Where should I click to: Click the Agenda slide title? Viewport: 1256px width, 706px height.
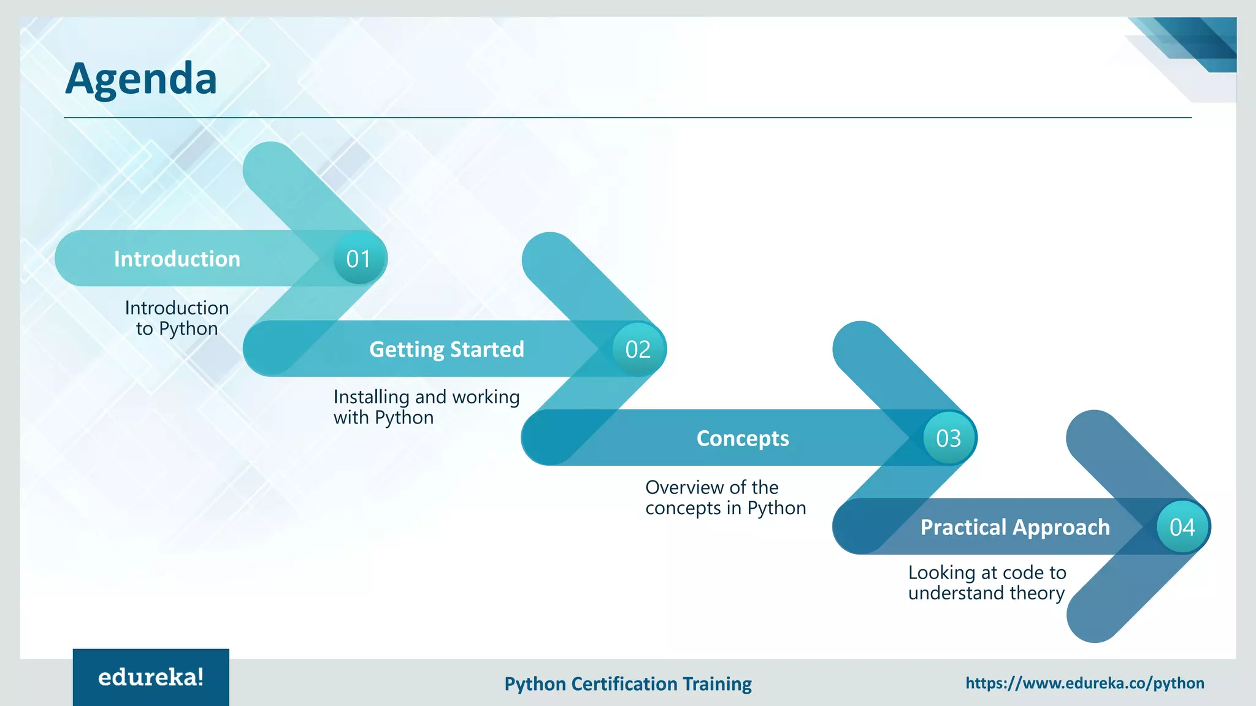tap(141, 78)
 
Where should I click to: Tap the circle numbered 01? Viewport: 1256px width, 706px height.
tap(359, 259)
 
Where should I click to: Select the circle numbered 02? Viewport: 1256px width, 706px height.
tap(638, 349)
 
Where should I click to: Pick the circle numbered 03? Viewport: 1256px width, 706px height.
tap(948, 438)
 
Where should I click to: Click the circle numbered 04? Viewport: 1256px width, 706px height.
tap(1182, 527)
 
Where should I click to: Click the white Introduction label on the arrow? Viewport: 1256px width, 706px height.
tap(177, 259)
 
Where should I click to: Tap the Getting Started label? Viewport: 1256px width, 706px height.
tap(446, 349)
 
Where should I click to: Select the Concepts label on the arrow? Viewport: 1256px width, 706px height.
tap(742, 438)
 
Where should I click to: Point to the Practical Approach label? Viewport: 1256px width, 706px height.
tap(1015, 527)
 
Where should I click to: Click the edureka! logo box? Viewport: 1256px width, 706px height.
tap(151, 677)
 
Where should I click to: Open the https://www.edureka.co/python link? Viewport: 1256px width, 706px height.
tap(1084, 683)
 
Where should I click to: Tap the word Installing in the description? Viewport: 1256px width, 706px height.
tap(371, 397)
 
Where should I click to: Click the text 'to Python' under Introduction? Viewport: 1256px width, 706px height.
tap(177, 329)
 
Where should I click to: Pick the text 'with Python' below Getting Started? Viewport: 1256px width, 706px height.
tap(383, 418)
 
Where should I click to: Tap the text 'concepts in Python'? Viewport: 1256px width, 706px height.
tap(726, 508)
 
